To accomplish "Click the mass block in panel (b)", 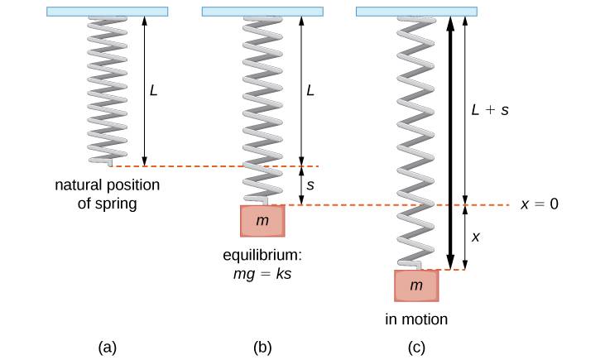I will pyautogui.click(x=263, y=222).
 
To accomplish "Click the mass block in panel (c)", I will pyautogui.click(x=417, y=286).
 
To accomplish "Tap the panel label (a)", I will pyautogui.click(x=106, y=348).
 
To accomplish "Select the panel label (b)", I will pyautogui.click(x=263, y=348).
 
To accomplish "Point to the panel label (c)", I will pyautogui.click(x=417, y=348).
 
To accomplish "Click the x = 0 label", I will pyautogui.click(x=540, y=204).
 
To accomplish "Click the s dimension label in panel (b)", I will pyautogui.click(x=310, y=186).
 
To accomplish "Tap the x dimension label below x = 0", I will pyautogui.click(x=476, y=237).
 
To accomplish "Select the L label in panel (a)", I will pyautogui.click(x=153, y=89).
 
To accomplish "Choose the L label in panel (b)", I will pyautogui.click(x=310, y=89).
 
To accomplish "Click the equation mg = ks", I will pyautogui.click(x=265, y=270).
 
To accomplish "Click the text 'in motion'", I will pyautogui.click(x=416, y=319).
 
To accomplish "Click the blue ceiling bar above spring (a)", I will pyautogui.click(x=108, y=12).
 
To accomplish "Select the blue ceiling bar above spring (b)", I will pyautogui.click(x=263, y=12).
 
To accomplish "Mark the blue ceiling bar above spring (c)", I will pyautogui.click(x=417, y=12).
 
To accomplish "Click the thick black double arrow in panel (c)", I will pyautogui.click(x=449, y=141).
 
